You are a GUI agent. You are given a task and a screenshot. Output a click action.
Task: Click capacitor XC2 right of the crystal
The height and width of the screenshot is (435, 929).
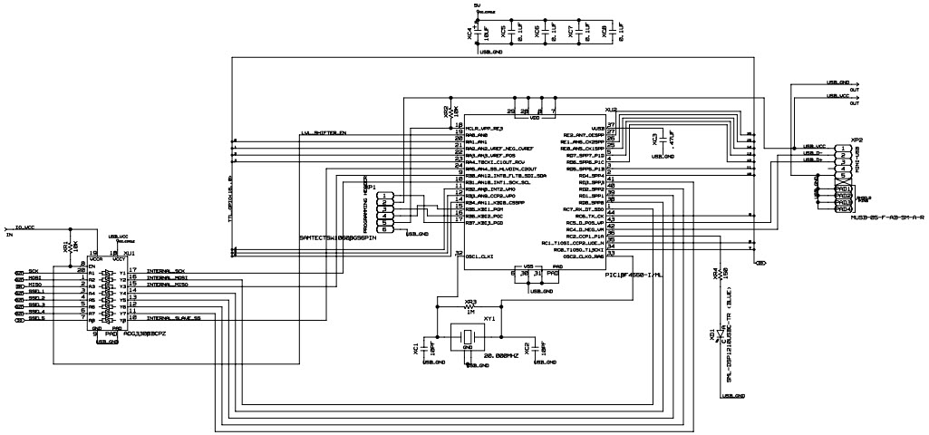pyautogui.click(x=541, y=347)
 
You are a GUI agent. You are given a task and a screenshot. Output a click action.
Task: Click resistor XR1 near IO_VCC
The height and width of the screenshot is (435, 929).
pyautogui.click(x=64, y=246)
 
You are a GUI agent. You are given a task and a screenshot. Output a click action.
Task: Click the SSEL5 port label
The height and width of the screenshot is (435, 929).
pyautogui.click(x=35, y=318)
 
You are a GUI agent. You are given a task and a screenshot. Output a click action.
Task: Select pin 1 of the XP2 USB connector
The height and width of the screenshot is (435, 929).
pyautogui.click(x=843, y=147)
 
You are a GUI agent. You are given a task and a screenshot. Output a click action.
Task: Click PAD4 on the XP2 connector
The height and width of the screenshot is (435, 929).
pyautogui.click(x=843, y=209)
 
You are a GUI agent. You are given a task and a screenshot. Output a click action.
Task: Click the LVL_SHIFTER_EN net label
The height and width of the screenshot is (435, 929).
pyautogui.click(x=324, y=134)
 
